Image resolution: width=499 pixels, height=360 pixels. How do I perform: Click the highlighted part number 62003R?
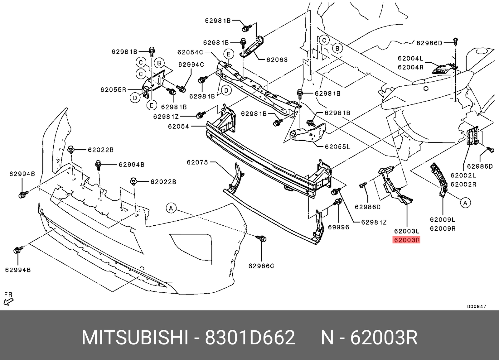pyautogui.click(x=407, y=240)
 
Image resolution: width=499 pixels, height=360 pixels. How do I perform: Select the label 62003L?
pyautogui.click(x=407, y=231)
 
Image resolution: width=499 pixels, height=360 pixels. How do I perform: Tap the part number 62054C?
pyautogui.click(x=190, y=52)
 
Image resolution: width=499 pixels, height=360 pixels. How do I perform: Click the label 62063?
pyautogui.click(x=277, y=60)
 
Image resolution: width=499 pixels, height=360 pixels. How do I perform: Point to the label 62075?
pyautogui.click(x=197, y=162)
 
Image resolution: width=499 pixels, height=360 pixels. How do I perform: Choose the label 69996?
pyautogui.click(x=338, y=227)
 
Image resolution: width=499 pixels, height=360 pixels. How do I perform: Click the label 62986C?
pyautogui.click(x=261, y=266)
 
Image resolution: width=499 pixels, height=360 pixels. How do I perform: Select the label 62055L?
pyautogui.click(x=337, y=147)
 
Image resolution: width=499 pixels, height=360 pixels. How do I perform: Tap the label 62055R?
pyautogui.click(x=113, y=90)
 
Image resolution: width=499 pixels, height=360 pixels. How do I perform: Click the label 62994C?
pyautogui.click(x=191, y=65)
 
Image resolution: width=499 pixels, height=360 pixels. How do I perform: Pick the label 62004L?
pyautogui.click(x=410, y=58)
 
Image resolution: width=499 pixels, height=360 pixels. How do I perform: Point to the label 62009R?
pyautogui.click(x=443, y=228)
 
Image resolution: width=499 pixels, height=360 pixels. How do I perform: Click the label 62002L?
pyautogui.click(x=463, y=175)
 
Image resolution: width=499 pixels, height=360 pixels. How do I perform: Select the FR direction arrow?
pyautogui.click(x=8, y=301)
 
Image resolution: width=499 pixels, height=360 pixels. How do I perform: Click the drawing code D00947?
pyautogui.click(x=477, y=306)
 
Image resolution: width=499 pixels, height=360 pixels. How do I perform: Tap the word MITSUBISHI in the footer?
pyautogui.click(x=135, y=338)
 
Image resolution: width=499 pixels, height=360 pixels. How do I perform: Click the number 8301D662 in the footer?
pyautogui.click(x=250, y=338)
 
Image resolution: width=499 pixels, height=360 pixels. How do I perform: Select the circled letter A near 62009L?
pyautogui.click(x=465, y=203)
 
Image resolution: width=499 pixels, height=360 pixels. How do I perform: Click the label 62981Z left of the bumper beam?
pyautogui.click(x=166, y=117)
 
